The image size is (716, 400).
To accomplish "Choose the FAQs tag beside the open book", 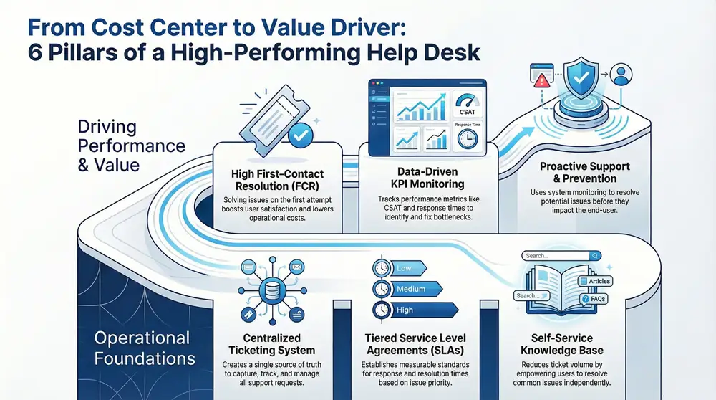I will [594, 298].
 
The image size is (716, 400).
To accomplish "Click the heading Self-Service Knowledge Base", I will [561, 344].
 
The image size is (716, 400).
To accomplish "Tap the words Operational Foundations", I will [142, 347].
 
